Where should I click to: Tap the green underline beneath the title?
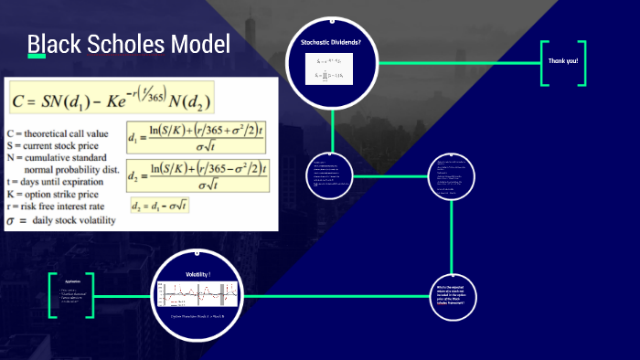coord(37,57)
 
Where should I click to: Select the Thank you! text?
coord(562,61)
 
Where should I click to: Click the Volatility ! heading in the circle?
coord(198,274)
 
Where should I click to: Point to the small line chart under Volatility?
coord(198,294)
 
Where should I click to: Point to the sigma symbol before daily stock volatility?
coord(11,220)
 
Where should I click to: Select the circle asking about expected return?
coord(453,296)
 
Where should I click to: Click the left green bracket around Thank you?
coord(544,62)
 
